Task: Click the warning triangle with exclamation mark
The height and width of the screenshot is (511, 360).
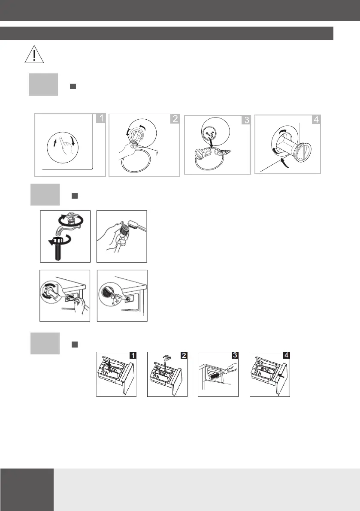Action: (34, 54)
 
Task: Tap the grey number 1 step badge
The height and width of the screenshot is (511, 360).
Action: (101, 118)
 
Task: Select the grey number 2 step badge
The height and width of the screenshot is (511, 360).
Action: (175, 118)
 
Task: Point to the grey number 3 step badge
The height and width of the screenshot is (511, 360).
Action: (246, 120)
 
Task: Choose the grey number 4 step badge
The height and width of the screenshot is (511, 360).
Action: (316, 119)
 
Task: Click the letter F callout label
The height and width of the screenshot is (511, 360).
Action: (157, 154)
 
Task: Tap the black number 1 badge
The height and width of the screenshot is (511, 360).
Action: (133, 355)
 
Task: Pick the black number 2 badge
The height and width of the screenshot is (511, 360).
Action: (184, 355)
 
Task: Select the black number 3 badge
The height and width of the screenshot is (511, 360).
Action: (235, 355)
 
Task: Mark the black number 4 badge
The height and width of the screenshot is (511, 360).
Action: (286, 355)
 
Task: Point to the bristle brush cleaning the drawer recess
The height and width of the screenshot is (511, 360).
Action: (215, 376)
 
